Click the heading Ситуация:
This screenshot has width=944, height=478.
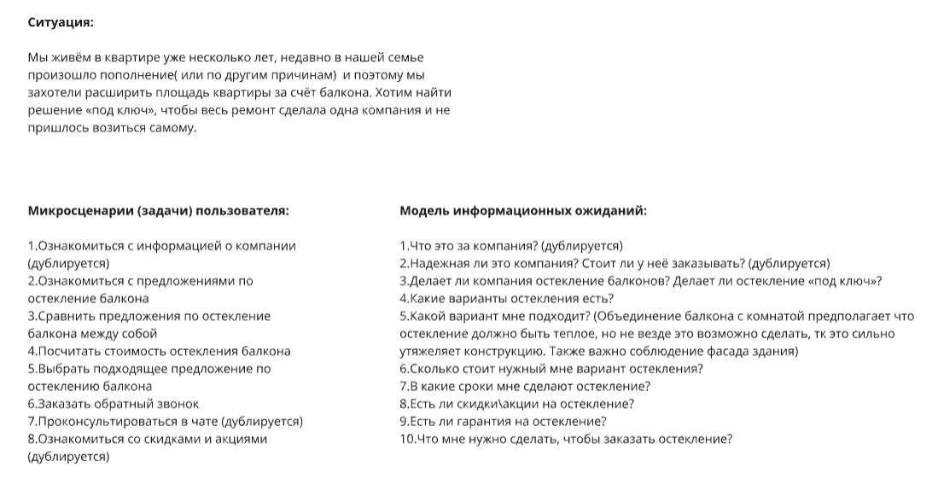tap(61, 22)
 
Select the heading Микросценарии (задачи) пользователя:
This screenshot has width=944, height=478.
tap(158, 211)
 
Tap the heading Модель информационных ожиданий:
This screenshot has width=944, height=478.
tap(523, 211)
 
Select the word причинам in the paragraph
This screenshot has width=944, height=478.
tap(288, 75)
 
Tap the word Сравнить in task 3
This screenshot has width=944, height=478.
tap(66, 317)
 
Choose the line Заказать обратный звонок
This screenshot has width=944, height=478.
tap(114, 405)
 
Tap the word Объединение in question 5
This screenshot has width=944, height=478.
tap(644, 317)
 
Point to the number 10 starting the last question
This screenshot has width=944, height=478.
tap(407, 440)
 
